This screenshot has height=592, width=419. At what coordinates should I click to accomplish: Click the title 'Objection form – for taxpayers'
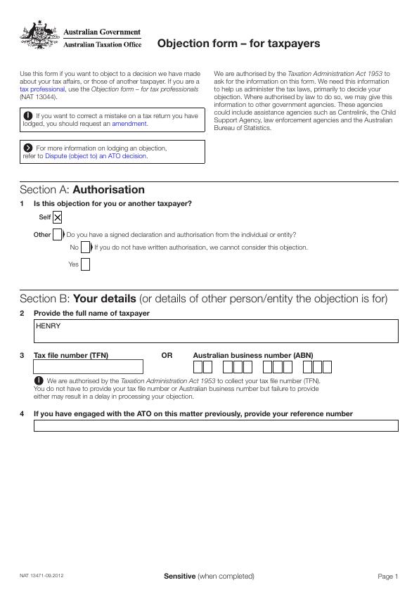[x=238, y=44]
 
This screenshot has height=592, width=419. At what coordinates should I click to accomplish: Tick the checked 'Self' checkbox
[x=58, y=218]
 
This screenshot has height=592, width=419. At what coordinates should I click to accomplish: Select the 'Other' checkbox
[x=58, y=235]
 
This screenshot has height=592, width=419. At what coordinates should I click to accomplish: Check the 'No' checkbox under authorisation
[x=85, y=247]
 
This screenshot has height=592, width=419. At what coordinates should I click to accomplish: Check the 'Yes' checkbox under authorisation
[x=85, y=265]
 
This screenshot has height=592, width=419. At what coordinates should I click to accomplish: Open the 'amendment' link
[x=129, y=124]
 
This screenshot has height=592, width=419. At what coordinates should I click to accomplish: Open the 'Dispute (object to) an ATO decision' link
[x=96, y=156]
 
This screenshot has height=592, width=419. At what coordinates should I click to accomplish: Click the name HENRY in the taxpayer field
[x=49, y=326]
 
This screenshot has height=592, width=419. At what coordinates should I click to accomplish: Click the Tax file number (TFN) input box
[x=88, y=366]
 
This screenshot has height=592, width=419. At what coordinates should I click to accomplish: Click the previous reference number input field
[x=216, y=425]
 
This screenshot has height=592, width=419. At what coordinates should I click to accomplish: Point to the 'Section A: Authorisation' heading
[x=82, y=190]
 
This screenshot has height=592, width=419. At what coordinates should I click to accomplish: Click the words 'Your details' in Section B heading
[x=105, y=299]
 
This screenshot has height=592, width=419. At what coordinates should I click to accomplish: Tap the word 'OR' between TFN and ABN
[x=167, y=356]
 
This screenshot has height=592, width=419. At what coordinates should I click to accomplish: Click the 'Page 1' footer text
[x=387, y=577]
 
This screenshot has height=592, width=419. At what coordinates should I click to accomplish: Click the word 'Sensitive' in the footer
[x=179, y=577]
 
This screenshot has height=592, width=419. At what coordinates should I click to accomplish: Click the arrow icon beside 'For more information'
[x=27, y=148]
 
